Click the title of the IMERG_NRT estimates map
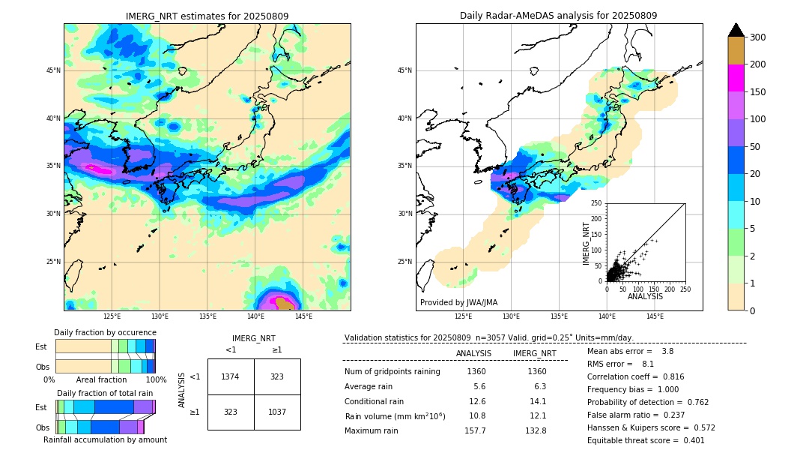click(207, 16)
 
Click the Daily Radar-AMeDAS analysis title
click(558, 16)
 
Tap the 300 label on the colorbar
click(759, 37)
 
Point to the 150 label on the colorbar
click(759, 92)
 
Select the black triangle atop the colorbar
click(736, 30)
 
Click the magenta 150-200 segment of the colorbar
click(736, 78)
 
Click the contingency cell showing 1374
click(230, 376)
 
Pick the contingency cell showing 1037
click(277, 412)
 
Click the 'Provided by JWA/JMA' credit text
click(458, 302)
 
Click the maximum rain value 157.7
click(475, 430)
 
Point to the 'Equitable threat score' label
click(633, 440)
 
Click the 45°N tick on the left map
click(53, 70)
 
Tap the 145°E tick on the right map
click(655, 316)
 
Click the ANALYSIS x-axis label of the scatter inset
click(645, 296)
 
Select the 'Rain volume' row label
click(395, 416)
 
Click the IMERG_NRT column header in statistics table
click(534, 353)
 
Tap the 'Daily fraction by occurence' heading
click(105, 332)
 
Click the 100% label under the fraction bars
click(156, 379)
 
